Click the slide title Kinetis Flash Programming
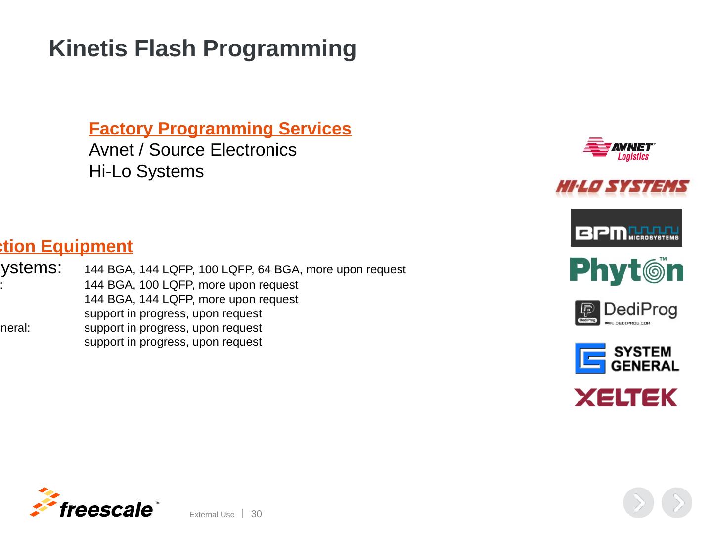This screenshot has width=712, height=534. [x=202, y=48]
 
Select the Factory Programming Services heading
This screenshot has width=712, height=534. [x=220, y=129]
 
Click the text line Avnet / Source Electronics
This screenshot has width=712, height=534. [x=193, y=150]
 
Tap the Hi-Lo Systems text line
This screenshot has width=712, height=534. [x=146, y=171]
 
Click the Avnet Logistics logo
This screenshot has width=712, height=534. [x=620, y=149]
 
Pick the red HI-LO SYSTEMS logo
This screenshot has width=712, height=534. [x=623, y=187]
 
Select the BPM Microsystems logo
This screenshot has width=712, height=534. [x=626, y=228]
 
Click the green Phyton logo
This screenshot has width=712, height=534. [x=626, y=271]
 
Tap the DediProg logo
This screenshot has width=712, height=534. [x=626, y=312]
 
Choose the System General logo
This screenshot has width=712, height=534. [x=626, y=358]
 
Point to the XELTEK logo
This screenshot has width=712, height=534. [x=625, y=398]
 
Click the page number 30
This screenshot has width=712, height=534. [x=257, y=514]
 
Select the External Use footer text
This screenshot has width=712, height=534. [x=212, y=515]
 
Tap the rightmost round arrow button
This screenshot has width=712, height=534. [x=676, y=503]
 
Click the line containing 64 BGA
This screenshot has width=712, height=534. [x=245, y=270]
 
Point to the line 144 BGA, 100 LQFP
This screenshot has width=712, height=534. [x=191, y=285]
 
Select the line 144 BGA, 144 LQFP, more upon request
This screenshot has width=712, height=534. [x=191, y=300]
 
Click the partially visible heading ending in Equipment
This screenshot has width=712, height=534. [x=66, y=246]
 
